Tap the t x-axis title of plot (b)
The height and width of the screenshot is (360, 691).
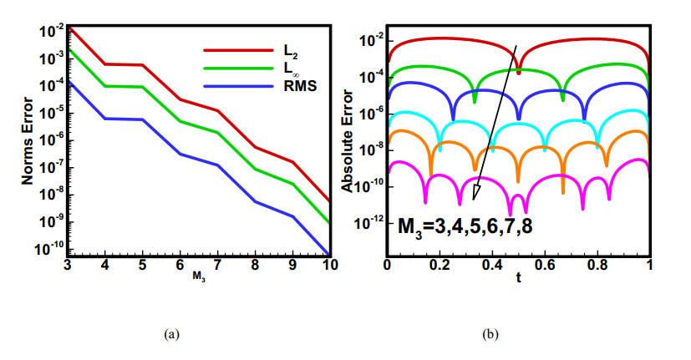[x=518, y=281]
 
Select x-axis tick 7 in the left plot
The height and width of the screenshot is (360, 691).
[x=217, y=266]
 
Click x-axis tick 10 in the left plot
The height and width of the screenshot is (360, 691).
[x=330, y=266]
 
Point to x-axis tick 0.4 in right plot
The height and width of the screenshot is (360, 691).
[x=491, y=266]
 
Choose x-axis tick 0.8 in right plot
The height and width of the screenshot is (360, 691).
[x=597, y=266]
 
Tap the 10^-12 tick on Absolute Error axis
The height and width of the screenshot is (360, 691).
[x=368, y=223]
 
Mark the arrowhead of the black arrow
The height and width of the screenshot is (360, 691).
[x=476, y=194]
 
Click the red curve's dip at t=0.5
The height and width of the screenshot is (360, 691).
[x=518, y=71]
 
